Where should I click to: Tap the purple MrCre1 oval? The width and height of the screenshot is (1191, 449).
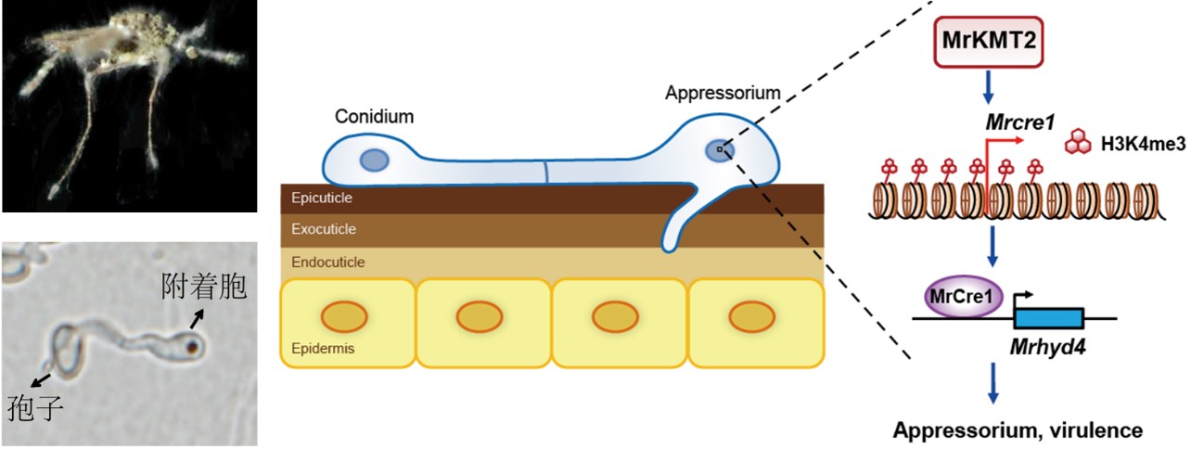pos(961,299)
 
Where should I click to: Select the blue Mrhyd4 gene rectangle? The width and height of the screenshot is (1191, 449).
pos(1048,319)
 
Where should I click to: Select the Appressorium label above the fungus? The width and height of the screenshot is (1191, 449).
pos(723,94)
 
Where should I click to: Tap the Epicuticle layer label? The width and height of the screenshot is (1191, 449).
pos(321,198)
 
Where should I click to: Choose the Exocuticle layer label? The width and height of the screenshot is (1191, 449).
pos(323,229)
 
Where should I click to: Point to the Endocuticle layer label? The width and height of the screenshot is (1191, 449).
pos(327,263)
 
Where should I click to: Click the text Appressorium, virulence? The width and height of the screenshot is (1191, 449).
pos(1018,430)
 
